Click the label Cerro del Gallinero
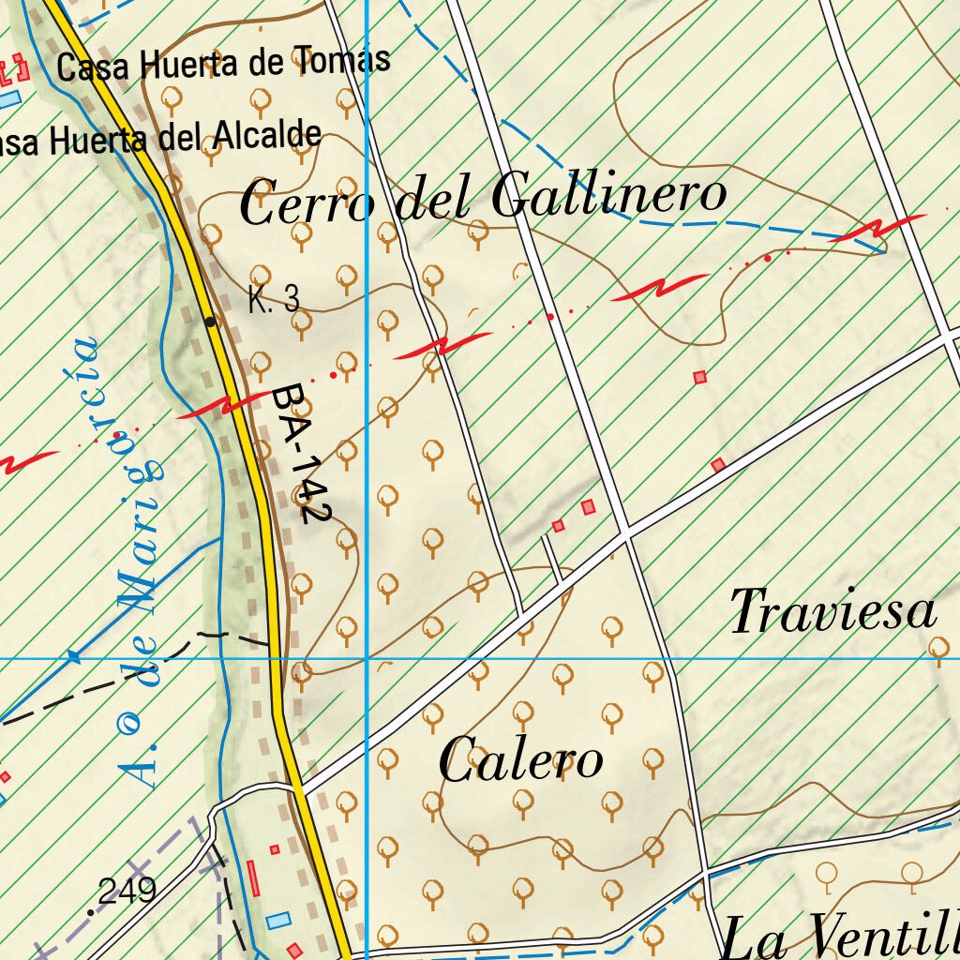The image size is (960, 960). point(483,199)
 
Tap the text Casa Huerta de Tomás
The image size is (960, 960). point(223,64)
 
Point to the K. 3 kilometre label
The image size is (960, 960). point(274,300)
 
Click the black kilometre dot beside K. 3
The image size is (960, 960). point(211,322)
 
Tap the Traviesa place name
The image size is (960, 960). point(833,612)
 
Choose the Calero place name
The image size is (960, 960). point(521,760)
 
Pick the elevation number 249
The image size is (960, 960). point(127,892)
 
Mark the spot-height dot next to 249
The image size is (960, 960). point(91,910)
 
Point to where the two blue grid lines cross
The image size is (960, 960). point(367,658)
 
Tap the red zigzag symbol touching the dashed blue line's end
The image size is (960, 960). point(877,228)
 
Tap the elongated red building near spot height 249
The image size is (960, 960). point(253,879)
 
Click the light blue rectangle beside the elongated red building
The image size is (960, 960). point(277,921)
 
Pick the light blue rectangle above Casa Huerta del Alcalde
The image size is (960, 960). point(7,97)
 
